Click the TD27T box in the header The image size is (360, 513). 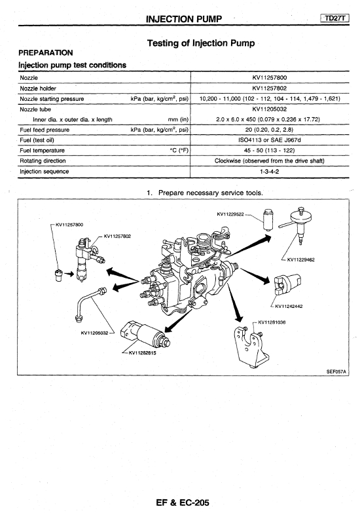tap(335, 18)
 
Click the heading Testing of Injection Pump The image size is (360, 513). tap(201, 43)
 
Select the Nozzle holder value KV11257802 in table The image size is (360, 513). tap(270, 88)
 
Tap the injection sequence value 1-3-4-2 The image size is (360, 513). tap(270, 172)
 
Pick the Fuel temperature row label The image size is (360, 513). tap(42, 151)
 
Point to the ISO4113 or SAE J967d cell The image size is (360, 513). tap(270, 140)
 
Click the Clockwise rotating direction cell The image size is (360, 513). tap(270, 161)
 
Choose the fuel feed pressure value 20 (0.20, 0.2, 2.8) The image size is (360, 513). tap(270, 130)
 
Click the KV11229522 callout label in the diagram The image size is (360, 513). tap(230, 214)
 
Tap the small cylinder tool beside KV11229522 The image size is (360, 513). tap(268, 220)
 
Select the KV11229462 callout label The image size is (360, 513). tap(301, 259)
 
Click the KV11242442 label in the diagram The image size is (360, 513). tap(289, 307)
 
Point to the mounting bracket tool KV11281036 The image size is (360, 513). tap(249, 347)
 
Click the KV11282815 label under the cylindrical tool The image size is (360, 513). tap(142, 353)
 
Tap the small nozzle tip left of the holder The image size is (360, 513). tap(58, 275)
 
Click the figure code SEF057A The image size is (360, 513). tap(336, 371)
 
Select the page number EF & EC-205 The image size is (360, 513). tap(183, 503)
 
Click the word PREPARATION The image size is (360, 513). tap(45, 53)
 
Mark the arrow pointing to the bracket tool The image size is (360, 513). tap(235, 303)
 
